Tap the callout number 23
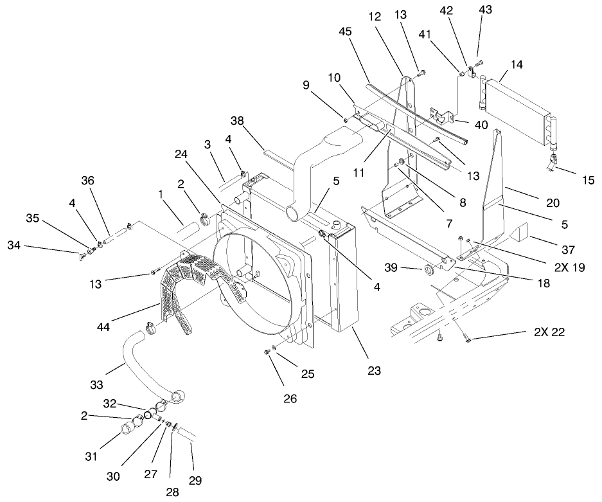pyautogui.click(x=375, y=370)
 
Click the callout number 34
pyautogui.click(x=14, y=245)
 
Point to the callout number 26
pyautogui.click(x=291, y=399)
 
